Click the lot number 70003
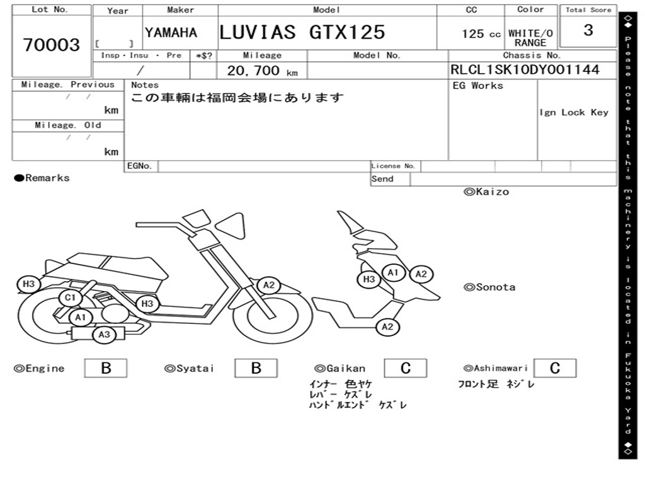(x=52, y=45)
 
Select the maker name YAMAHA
(x=171, y=33)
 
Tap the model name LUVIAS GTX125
(x=302, y=32)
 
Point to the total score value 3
(x=588, y=30)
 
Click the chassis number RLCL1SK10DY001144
(x=525, y=69)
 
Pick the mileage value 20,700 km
(x=263, y=71)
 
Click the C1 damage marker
(x=71, y=297)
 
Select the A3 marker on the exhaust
(x=104, y=335)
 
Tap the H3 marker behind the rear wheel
(x=28, y=284)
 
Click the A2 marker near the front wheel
(x=268, y=285)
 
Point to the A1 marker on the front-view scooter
(x=393, y=272)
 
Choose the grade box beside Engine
(x=106, y=368)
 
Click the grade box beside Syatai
(x=256, y=368)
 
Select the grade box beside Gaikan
(x=406, y=368)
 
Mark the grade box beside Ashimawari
(x=555, y=368)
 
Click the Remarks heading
(x=42, y=178)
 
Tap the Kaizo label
(x=487, y=192)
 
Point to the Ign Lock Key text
(x=574, y=112)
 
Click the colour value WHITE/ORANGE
(x=530, y=38)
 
